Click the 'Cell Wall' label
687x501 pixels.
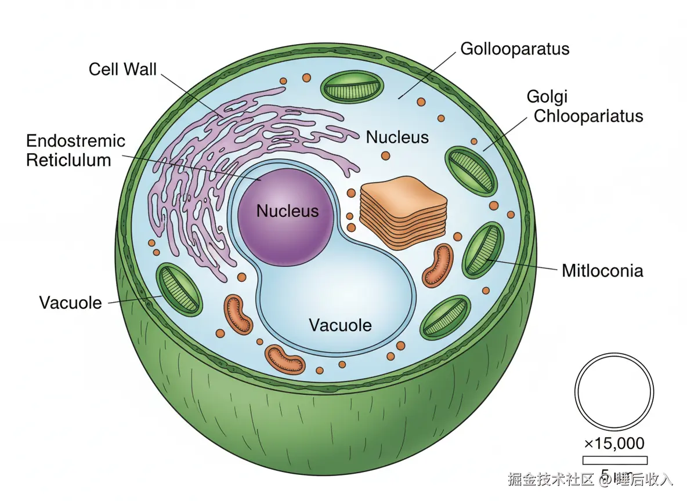click(x=122, y=70)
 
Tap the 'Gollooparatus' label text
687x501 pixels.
click(x=515, y=49)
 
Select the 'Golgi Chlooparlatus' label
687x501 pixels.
click(x=588, y=107)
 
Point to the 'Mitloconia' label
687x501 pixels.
click(x=602, y=270)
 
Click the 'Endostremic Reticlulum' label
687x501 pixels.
click(x=75, y=150)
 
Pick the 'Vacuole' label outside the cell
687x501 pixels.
click(x=70, y=302)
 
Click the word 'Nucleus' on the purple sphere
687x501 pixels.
click(x=287, y=210)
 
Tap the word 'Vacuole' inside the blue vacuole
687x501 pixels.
click(x=339, y=325)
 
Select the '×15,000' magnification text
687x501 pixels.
click(x=614, y=444)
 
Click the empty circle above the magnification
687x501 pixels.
click(x=614, y=390)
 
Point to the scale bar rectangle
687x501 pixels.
click(x=614, y=460)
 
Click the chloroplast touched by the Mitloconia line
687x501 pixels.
click(x=482, y=251)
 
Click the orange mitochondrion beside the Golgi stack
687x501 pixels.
click(x=438, y=266)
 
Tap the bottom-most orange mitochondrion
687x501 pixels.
click(x=285, y=359)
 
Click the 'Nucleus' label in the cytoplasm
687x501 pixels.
click(x=397, y=137)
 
